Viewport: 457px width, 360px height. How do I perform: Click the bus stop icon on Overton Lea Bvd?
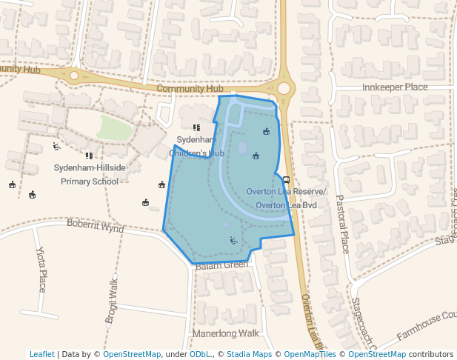[x=286, y=180]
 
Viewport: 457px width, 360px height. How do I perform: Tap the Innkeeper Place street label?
[x=395, y=87]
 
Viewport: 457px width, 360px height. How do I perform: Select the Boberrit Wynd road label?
[x=96, y=224]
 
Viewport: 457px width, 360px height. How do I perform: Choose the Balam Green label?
[x=221, y=264]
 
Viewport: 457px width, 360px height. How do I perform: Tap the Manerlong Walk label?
[x=225, y=333]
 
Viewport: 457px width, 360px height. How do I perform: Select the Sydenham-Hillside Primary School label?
[x=90, y=174]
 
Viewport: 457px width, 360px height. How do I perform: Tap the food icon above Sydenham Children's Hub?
[x=196, y=127]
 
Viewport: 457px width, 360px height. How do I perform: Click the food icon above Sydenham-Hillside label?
[x=89, y=156]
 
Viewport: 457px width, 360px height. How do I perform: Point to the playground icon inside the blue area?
[x=233, y=240]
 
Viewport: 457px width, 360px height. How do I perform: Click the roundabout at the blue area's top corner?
[x=284, y=88]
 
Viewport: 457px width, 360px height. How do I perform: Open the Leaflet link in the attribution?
[x=42, y=354]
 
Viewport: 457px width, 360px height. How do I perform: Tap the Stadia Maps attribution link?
[x=249, y=354]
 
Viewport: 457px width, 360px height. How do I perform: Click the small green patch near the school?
[x=114, y=127]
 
